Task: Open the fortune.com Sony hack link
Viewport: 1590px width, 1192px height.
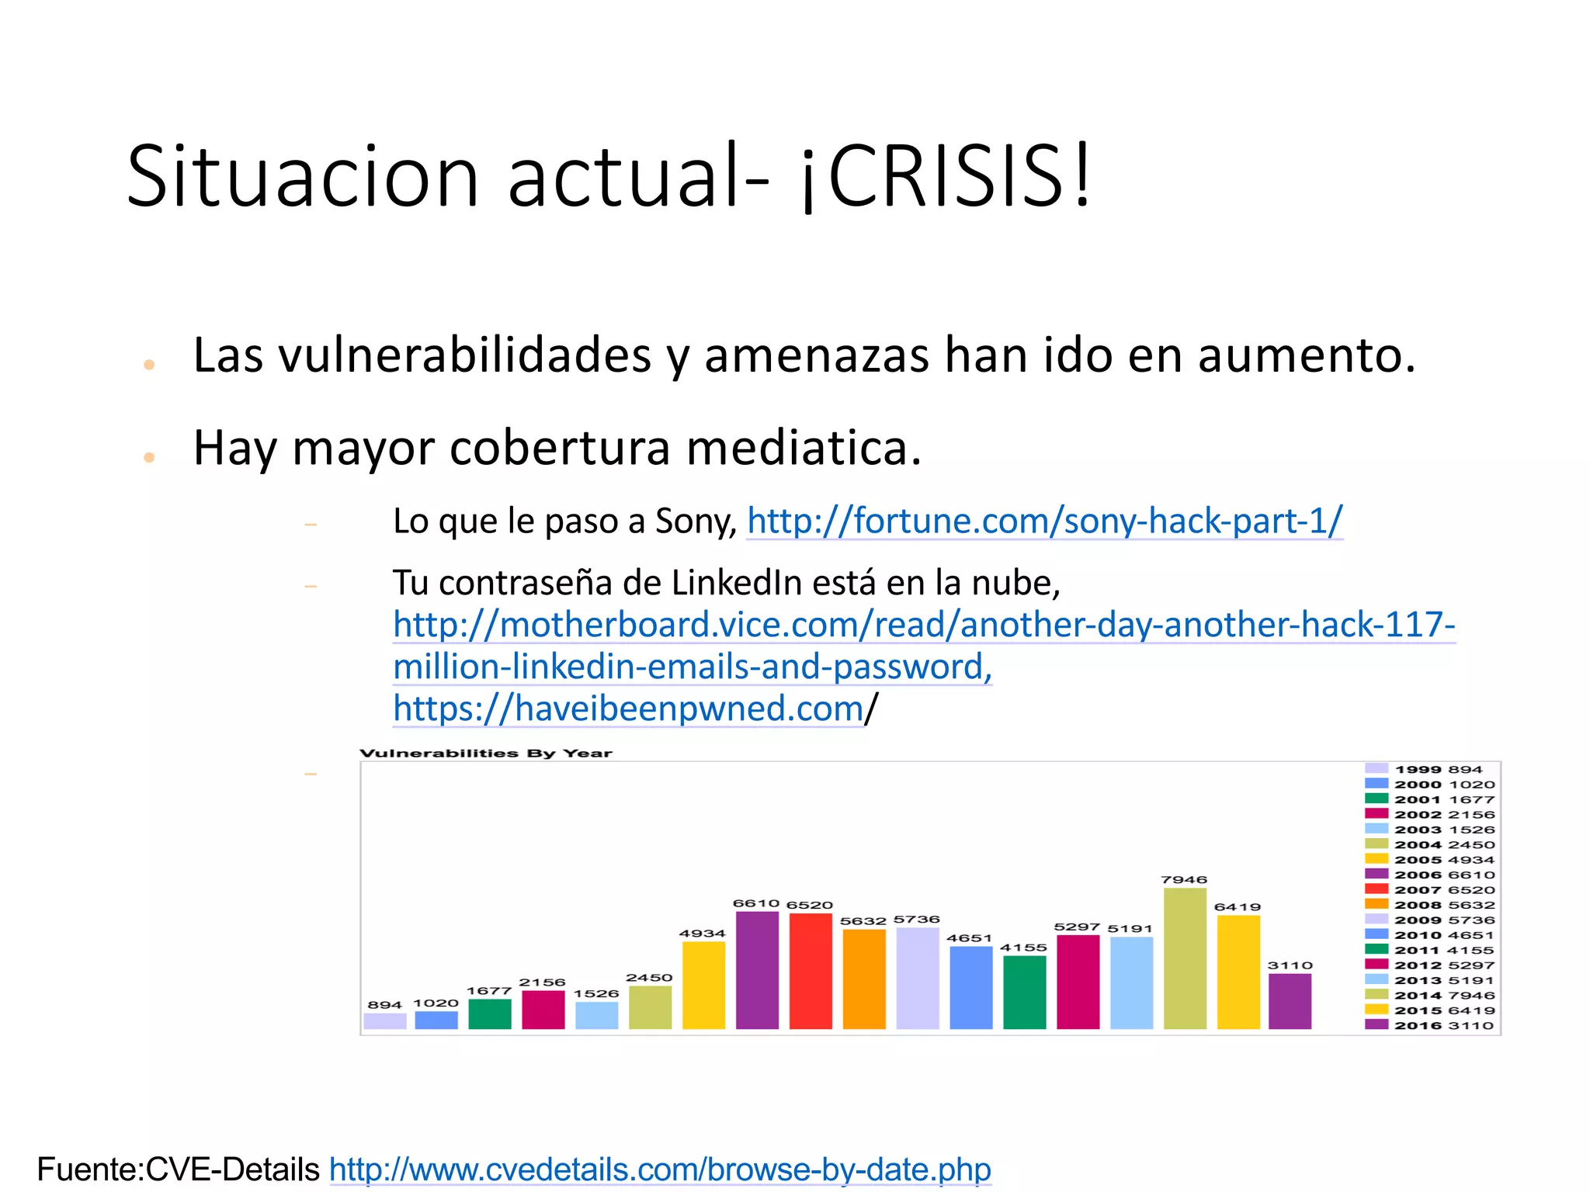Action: (x=1044, y=521)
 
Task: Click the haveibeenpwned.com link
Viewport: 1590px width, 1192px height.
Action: (x=628, y=709)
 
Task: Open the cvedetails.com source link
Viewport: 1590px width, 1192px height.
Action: (x=660, y=1169)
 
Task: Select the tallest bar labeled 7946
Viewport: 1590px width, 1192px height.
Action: (x=1185, y=958)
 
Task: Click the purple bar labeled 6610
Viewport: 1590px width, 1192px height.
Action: (x=757, y=970)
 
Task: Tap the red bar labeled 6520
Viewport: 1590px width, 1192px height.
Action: (x=811, y=971)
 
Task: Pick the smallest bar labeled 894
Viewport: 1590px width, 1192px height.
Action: (x=385, y=1020)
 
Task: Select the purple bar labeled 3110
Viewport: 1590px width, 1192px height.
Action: (x=1290, y=1001)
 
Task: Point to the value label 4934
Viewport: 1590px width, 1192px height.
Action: (x=702, y=934)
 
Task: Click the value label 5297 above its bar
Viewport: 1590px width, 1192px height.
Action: (x=1077, y=927)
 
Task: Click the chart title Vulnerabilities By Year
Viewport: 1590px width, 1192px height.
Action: (x=486, y=753)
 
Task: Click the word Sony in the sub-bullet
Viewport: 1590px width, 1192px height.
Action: (x=696, y=521)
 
